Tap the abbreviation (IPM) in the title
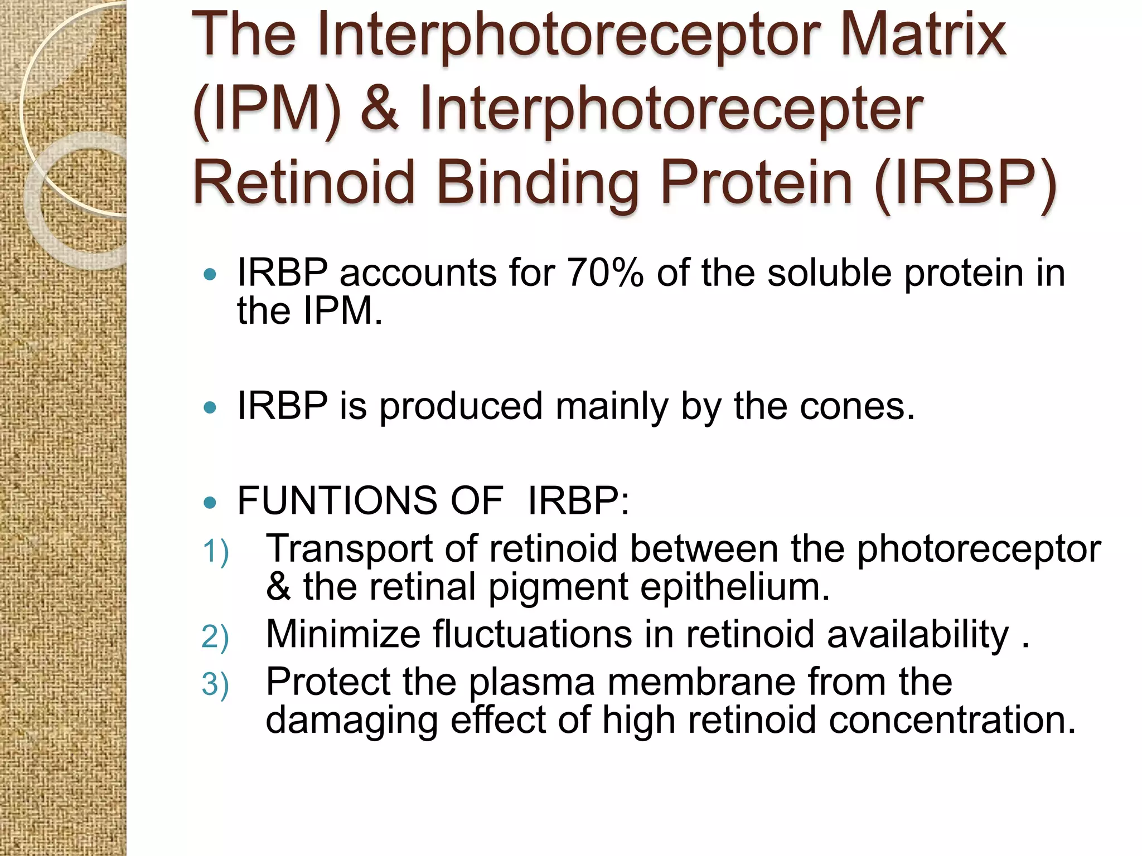(267, 109)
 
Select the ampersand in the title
(380, 109)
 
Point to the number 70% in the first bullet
(605, 274)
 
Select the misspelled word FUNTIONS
(337, 500)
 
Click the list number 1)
(215, 552)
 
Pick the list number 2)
(215, 637)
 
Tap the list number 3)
(215, 684)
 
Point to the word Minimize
(342, 635)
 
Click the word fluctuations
(533, 635)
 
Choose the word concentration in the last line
(951, 720)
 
